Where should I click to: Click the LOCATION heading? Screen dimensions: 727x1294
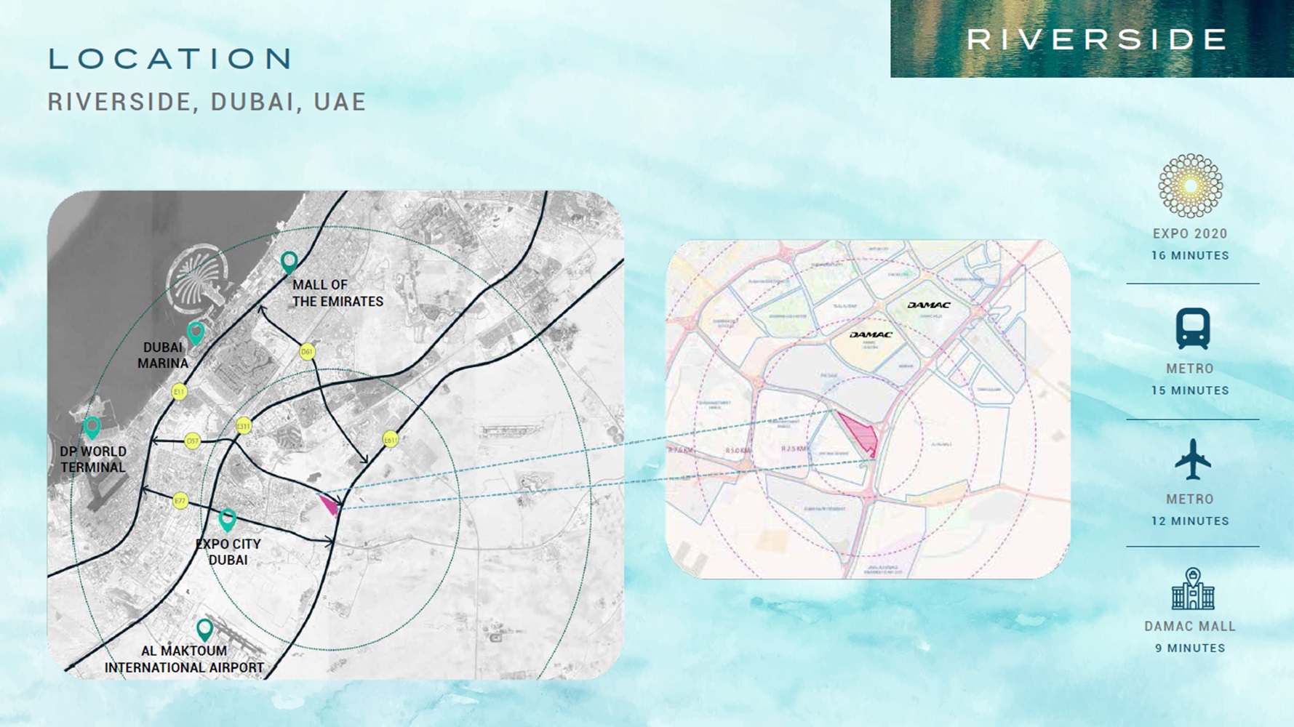[x=171, y=59]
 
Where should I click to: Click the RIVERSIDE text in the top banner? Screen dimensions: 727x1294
[x=1097, y=40]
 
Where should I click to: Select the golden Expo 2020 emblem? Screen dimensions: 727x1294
[x=1190, y=186]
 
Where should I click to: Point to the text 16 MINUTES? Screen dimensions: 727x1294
[x=1190, y=256]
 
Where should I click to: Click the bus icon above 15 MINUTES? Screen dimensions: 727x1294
[x=1192, y=329]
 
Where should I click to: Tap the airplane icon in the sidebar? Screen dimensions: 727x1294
[x=1191, y=459]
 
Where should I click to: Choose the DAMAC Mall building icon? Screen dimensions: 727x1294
[x=1192, y=590]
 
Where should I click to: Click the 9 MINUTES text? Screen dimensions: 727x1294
[x=1190, y=648]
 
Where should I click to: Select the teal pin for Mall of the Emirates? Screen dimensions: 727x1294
[x=289, y=262]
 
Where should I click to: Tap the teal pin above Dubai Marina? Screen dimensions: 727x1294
[x=196, y=333]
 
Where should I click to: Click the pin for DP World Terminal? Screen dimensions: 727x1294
[x=92, y=427]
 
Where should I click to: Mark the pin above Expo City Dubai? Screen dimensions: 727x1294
[x=228, y=519]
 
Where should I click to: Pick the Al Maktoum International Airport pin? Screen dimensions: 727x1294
[x=205, y=629]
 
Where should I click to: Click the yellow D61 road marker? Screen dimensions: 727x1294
[x=307, y=353]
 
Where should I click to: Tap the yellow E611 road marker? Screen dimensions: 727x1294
[x=391, y=440]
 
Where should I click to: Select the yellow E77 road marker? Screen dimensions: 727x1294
[x=180, y=501]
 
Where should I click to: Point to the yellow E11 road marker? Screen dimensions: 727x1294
[x=179, y=393]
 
